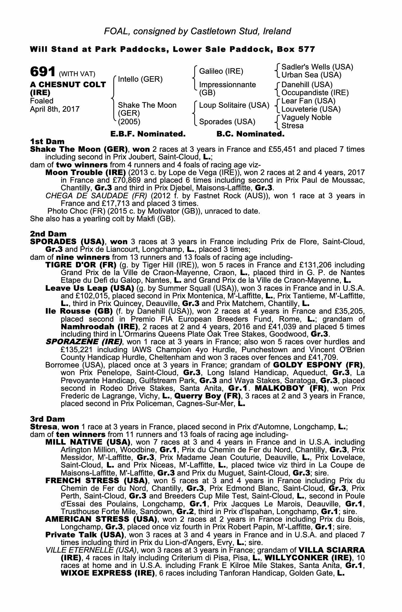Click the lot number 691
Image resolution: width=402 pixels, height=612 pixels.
coord(43,72)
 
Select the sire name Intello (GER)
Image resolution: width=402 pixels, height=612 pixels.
coord(140,80)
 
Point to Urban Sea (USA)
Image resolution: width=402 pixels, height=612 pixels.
coord(311,75)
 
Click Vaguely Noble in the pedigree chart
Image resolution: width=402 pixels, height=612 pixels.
coord(306,118)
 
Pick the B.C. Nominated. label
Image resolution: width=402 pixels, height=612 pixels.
coord(250,134)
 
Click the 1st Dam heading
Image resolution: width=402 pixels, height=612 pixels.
coord(47,141)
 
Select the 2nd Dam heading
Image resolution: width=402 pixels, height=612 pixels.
coord(48,234)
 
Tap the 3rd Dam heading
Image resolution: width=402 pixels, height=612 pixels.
coord(48,419)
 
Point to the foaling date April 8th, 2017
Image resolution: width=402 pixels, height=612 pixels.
coord(55,109)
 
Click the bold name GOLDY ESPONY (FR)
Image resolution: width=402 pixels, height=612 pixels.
coord(318,365)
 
